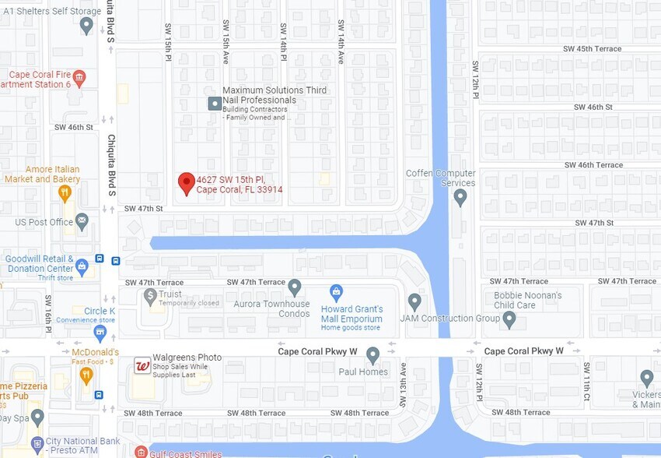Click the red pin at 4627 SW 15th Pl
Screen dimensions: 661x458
[186, 183]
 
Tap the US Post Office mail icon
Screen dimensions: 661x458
[82, 222]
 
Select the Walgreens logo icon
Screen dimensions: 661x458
[142, 365]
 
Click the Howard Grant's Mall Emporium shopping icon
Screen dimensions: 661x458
[336, 292]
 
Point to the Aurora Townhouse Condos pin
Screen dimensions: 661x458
[294, 287]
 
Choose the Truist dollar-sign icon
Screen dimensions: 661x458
[150, 294]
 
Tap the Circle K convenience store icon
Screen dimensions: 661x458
[100, 333]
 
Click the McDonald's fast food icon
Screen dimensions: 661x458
[86, 375]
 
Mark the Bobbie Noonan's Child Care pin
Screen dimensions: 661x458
[509, 318]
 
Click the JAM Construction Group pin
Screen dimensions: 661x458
[414, 301]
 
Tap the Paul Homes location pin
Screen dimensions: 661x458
[372, 355]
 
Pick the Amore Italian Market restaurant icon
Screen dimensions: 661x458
[65, 192]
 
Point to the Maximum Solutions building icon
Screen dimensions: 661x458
[214, 104]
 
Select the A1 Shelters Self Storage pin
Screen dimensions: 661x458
[86, 25]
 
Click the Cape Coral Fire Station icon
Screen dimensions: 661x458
[79, 78]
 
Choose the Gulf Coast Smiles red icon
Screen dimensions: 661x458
[140, 452]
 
